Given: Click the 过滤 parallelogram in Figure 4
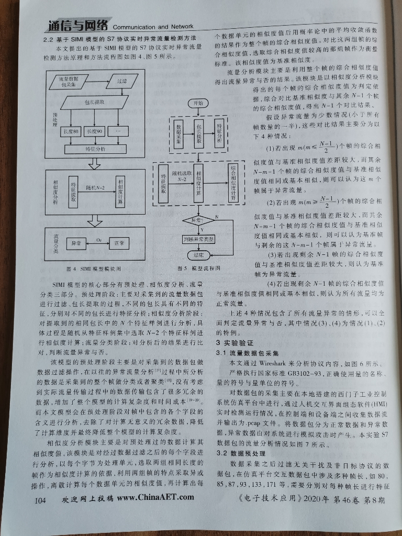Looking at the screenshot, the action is click(122, 82).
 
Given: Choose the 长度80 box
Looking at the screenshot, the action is click(70, 131).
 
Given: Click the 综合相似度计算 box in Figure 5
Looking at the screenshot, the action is click(233, 186).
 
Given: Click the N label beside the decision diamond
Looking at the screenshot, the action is click(216, 216).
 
